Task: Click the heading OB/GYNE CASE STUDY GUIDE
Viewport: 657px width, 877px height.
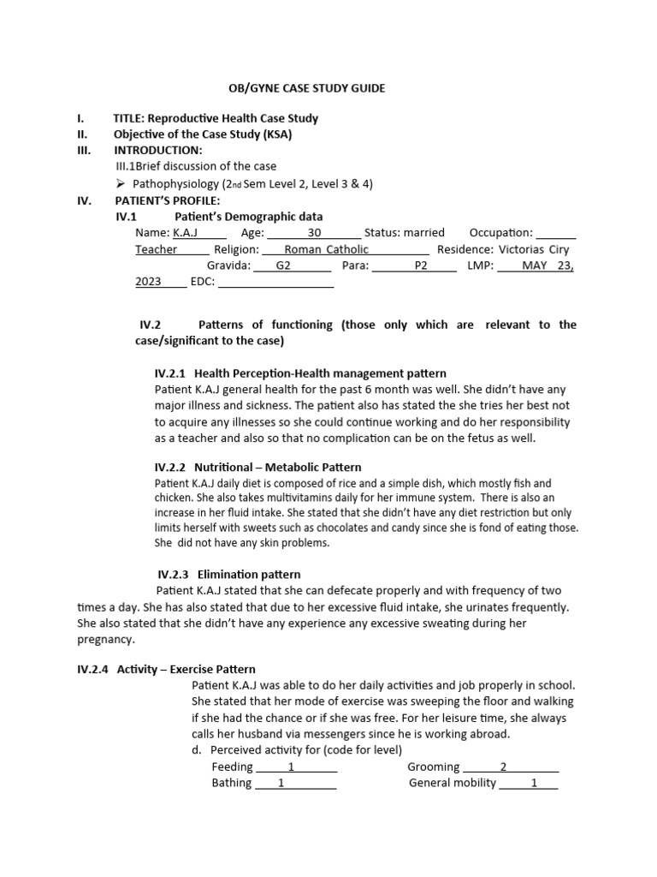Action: coord(305,88)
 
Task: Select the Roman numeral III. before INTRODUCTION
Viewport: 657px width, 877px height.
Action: coord(85,150)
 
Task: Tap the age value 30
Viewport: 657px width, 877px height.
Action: coord(314,232)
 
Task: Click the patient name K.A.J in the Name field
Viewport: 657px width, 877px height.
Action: coord(186,232)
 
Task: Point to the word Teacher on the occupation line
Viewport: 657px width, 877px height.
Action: coord(157,249)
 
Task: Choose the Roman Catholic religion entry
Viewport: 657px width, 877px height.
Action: coord(326,249)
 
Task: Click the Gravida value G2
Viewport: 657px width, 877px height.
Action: coord(284,265)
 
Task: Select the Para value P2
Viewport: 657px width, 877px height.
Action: coord(420,265)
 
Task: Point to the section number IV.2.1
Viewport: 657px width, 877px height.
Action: coord(171,373)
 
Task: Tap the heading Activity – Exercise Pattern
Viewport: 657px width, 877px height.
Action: coord(186,669)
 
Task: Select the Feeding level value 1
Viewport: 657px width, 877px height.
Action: coord(291,767)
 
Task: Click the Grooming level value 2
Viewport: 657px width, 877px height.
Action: coord(503,767)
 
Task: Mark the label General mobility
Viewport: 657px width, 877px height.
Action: coord(453,783)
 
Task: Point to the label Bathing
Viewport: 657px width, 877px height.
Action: coord(232,783)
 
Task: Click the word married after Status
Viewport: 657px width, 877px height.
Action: coord(424,232)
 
